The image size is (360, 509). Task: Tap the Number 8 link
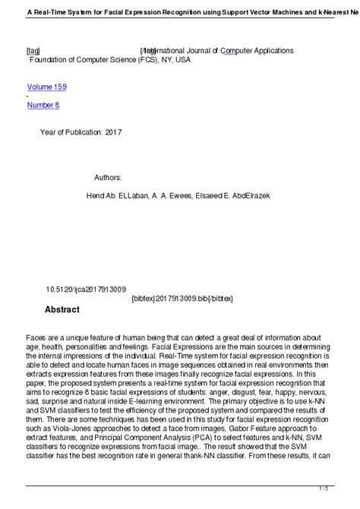click(43, 105)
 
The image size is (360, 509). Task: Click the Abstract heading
click(62, 310)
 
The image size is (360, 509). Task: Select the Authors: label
click(108, 177)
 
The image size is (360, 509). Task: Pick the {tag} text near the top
click(33, 50)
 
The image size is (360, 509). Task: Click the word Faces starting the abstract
click(37, 337)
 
